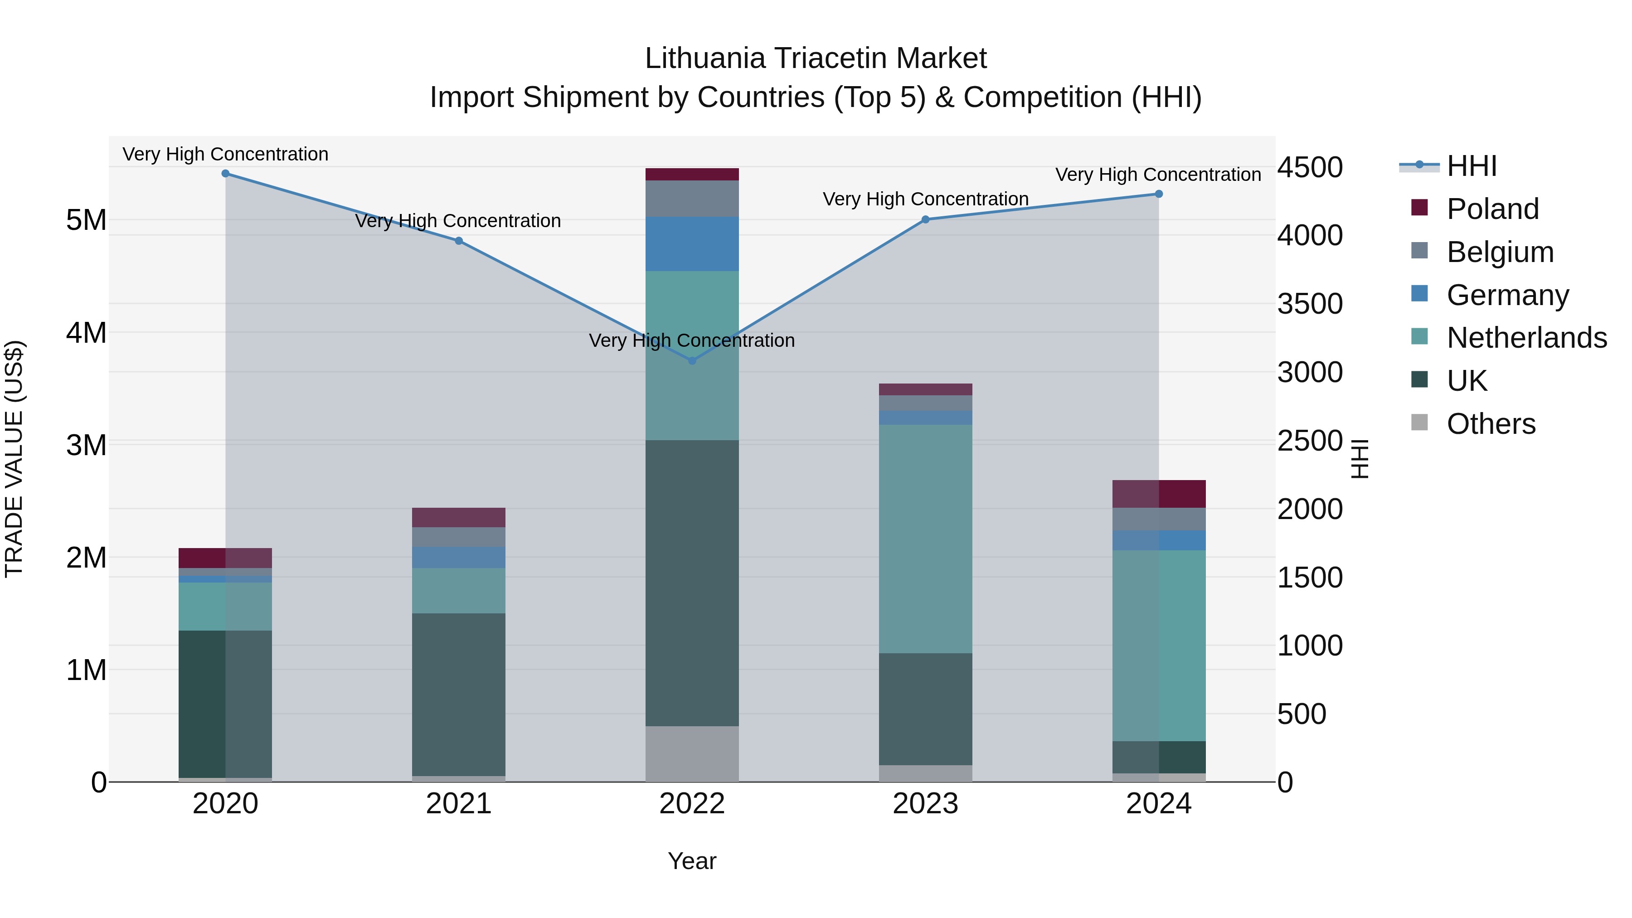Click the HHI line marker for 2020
click(x=226, y=174)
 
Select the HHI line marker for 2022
click(x=692, y=360)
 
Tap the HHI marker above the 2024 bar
click(x=1159, y=194)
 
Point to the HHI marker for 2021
click(x=459, y=241)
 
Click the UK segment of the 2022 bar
click(x=692, y=583)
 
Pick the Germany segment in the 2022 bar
click(x=692, y=244)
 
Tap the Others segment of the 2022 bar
click(x=692, y=753)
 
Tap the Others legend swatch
click(x=1420, y=423)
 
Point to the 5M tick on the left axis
click(x=87, y=220)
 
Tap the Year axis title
click(x=692, y=861)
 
